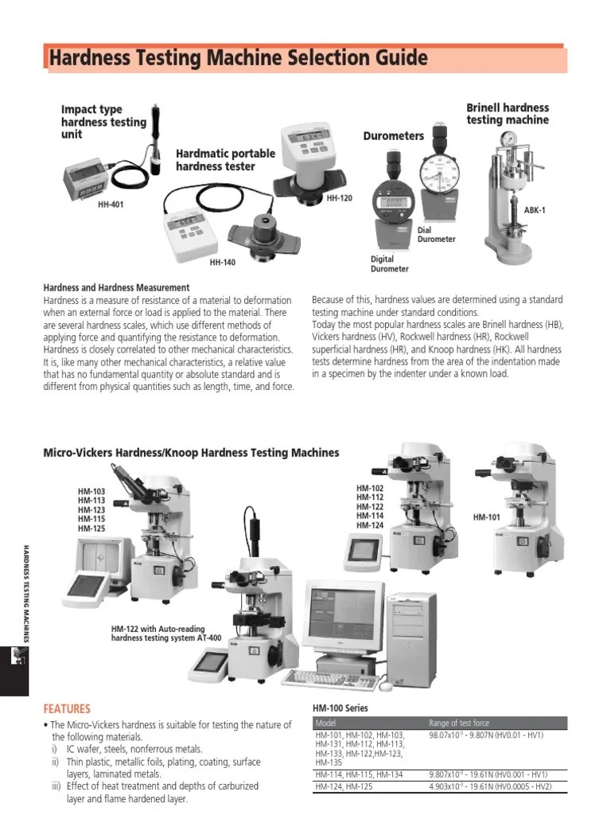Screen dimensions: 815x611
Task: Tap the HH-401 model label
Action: pyautogui.click(x=111, y=205)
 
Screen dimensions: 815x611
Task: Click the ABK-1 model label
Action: pyautogui.click(x=535, y=210)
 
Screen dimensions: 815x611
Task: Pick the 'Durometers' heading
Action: pyautogui.click(x=393, y=136)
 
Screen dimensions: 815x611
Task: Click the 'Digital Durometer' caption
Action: pyautogui.click(x=389, y=264)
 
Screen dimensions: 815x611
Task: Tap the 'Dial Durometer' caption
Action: pyautogui.click(x=436, y=235)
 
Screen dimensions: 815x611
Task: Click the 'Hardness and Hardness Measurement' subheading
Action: pyautogui.click(x=116, y=287)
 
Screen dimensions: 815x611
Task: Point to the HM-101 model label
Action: pyautogui.click(x=486, y=517)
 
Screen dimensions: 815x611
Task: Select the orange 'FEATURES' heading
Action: pyautogui.click(x=67, y=708)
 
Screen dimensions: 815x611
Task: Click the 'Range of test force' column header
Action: pyautogui.click(x=459, y=723)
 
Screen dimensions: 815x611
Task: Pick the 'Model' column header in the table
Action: pyautogui.click(x=326, y=723)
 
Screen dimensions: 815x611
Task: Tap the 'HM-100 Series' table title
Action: pyautogui.click(x=341, y=708)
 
